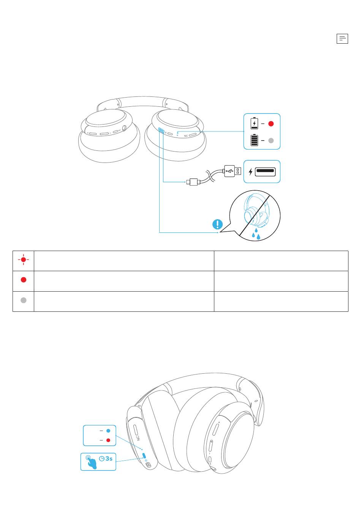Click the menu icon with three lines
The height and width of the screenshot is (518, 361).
click(342, 39)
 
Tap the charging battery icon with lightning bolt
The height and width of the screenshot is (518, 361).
click(254, 124)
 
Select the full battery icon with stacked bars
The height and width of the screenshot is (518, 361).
click(254, 140)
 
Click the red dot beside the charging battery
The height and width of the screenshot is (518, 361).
click(271, 124)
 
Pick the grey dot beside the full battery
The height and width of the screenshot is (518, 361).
click(271, 141)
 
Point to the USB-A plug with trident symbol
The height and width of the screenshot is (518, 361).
click(232, 171)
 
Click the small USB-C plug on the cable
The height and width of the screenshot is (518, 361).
click(193, 182)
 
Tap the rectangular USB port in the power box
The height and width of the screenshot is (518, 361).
click(265, 171)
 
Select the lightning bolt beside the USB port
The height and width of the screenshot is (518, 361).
click(250, 172)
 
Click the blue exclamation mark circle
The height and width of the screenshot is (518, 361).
click(217, 224)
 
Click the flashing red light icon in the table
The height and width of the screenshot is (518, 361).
click(24, 260)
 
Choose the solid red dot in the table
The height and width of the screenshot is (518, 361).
click(24, 280)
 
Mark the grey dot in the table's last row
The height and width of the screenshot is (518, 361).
click(24, 300)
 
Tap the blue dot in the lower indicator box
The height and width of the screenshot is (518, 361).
click(108, 431)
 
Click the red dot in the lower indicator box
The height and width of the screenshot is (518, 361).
click(108, 440)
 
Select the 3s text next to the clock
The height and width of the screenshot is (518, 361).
click(109, 458)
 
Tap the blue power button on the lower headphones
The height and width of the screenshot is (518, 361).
click(144, 455)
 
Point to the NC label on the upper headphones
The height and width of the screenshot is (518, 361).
click(186, 136)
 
